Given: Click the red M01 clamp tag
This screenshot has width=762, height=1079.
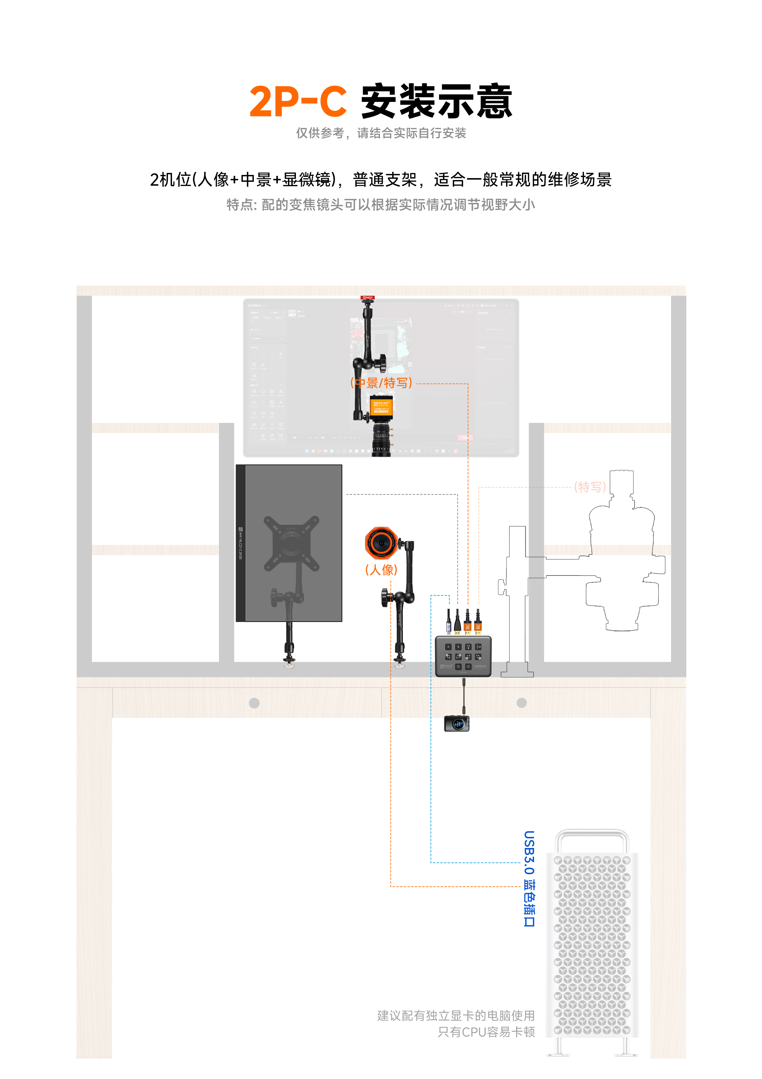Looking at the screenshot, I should click(x=367, y=298).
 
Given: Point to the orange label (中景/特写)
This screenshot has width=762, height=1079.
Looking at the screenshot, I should click(x=381, y=383).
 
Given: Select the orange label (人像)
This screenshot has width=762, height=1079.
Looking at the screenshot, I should click(x=381, y=570).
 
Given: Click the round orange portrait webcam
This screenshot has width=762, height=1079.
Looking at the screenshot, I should click(x=381, y=543).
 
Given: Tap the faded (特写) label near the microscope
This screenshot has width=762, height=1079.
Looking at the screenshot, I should click(x=590, y=487).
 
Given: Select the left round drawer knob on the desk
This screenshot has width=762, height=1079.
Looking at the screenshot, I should click(x=255, y=703).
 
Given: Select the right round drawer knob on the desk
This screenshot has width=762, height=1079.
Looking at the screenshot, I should click(x=522, y=703).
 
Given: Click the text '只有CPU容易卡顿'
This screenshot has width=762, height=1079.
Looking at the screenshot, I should click(x=486, y=1032).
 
